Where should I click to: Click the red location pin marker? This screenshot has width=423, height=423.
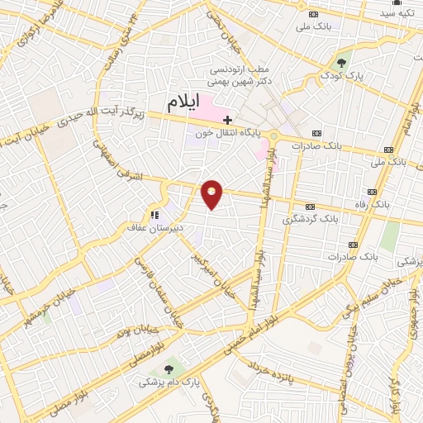(211, 194)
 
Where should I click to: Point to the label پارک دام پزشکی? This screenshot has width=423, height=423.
(162, 383)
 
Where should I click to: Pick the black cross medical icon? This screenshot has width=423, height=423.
(228, 120)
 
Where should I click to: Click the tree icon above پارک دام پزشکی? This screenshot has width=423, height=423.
(169, 368)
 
